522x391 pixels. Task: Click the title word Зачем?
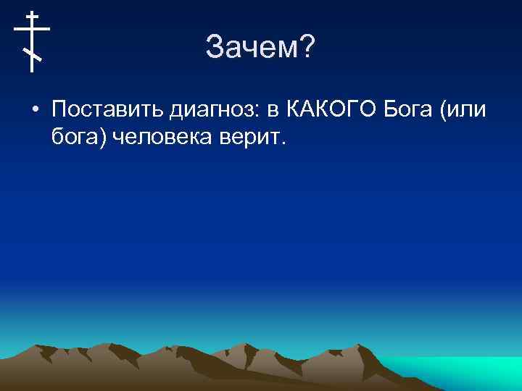(x=260, y=49)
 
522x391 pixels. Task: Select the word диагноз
(x=215, y=111)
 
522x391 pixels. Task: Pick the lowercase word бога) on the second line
(x=79, y=135)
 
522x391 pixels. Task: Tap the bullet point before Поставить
(x=35, y=110)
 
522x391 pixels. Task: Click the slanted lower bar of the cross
(x=32, y=54)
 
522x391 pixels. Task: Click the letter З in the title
(x=215, y=49)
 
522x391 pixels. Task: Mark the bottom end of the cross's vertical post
(x=32, y=71)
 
